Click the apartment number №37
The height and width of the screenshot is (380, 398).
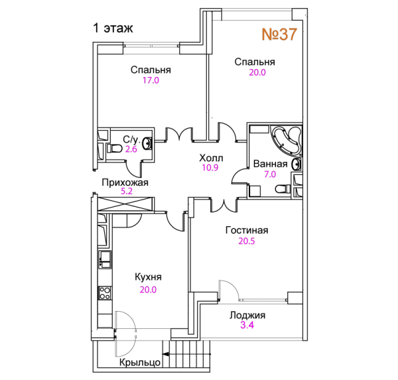(279, 34)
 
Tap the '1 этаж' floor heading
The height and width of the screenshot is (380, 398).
(113, 28)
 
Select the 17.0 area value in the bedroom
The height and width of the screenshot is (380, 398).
(151, 80)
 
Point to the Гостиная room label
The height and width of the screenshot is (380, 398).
(247, 230)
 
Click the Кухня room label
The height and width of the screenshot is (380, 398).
(148, 277)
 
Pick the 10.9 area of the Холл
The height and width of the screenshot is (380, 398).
(210, 168)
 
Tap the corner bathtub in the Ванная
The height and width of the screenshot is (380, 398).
(286, 141)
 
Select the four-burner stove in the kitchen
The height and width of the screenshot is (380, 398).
(105, 293)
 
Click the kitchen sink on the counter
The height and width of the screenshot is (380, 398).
(105, 259)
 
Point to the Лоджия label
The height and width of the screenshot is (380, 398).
(247, 315)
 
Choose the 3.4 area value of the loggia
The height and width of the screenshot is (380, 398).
(247, 325)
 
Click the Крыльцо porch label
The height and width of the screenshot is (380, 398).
(140, 362)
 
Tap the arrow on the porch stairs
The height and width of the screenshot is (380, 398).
(186, 354)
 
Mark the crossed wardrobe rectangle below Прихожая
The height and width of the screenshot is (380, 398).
(125, 204)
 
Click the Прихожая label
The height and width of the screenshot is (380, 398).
(125, 182)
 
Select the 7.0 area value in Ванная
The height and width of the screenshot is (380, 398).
(270, 174)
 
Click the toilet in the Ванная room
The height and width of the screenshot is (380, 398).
(283, 189)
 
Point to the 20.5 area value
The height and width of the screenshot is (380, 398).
(247, 241)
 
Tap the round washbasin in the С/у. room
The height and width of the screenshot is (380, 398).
(147, 144)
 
